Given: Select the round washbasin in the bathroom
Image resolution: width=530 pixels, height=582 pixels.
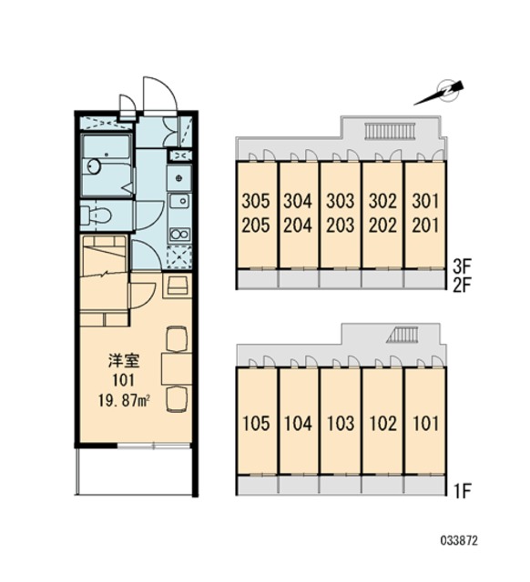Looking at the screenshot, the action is coord(94,166).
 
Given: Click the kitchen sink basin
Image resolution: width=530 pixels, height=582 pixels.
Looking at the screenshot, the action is coord(179,202).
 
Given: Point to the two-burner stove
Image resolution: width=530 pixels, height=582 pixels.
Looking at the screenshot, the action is coord(179,235).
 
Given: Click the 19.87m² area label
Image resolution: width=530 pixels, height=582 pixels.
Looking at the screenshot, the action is coord(124,400).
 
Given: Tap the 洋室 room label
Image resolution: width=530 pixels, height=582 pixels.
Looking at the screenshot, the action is coord(124,361).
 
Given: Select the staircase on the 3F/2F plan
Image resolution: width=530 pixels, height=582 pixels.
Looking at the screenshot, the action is coord(389,131).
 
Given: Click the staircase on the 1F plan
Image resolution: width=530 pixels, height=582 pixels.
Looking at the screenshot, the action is coord(403,335).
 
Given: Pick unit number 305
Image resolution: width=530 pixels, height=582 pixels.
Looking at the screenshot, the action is coord(256,201).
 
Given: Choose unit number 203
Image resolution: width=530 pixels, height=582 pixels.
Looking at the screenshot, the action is coord(340,226).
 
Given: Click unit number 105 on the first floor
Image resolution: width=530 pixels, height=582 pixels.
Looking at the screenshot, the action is coord(256,424).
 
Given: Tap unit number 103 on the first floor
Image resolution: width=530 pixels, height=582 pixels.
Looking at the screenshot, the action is coord(340,424).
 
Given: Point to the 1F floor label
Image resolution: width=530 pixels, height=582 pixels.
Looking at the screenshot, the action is coord(463,492).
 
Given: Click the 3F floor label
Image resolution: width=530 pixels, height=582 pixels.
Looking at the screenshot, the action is coord(463,266).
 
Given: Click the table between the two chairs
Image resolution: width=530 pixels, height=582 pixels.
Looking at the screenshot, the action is coord(176,369).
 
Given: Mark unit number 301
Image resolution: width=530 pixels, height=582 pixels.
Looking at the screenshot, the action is coord(425,201).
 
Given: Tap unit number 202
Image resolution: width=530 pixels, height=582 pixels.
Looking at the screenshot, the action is coord(382,226).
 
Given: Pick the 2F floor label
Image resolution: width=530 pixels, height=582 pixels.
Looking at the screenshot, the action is coord(463,286).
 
